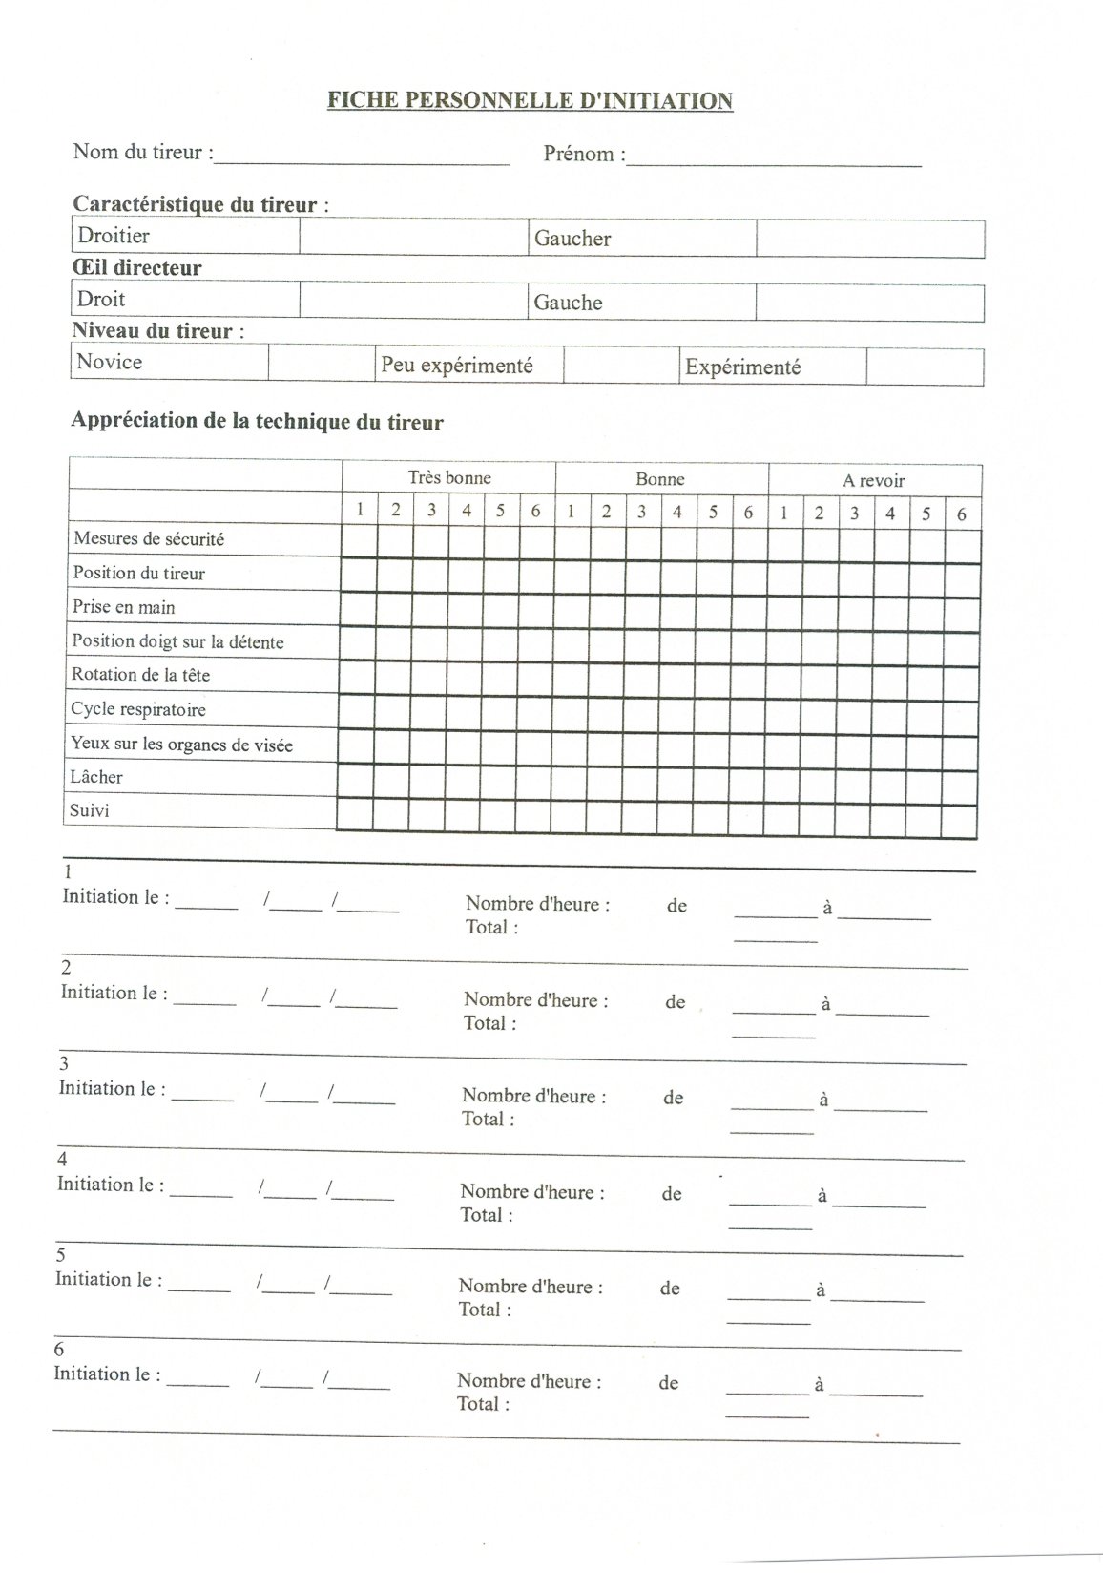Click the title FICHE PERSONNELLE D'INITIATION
pyautogui.click(x=530, y=100)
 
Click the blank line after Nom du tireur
pyautogui.click(x=363, y=157)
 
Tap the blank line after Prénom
pyautogui.click(x=774, y=158)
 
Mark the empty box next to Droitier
pyautogui.click(x=413, y=237)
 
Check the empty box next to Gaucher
pyautogui.click(x=870, y=239)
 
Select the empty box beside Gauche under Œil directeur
pyautogui.click(x=869, y=303)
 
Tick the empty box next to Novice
pyautogui.click(x=322, y=364)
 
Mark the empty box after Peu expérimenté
pyautogui.click(x=620, y=366)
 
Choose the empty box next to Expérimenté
pyautogui.click(x=925, y=367)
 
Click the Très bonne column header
pyautogui.click(x=449, y=477)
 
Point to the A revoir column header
pyautogui.click(x=873, y=481)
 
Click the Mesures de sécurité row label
pyautogui.click(x=149, y=539)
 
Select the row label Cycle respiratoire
pyautogui.click(x=138, y=709)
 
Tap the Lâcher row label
pyautogui.click(x=96, y=777)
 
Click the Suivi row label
pyautogui.click(x=90, y=811)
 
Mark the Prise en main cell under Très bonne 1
pyautogui.click(x=359, y=608)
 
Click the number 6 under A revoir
pyautogui.click(x=962, y=514)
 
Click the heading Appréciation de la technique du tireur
pyautogui.click(x=257, y=421)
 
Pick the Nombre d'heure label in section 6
pyautogui.click(x=529, y=1381)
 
